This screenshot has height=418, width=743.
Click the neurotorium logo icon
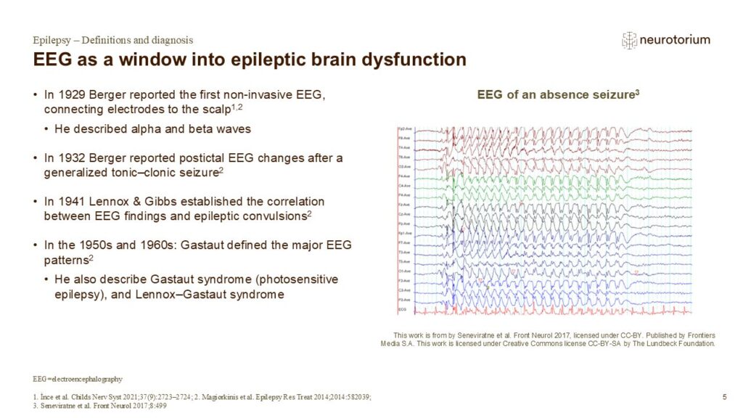pos(629,41)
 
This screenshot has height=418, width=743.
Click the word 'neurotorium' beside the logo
pos(675,41)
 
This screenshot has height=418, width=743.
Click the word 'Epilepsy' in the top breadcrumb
pos(53,40)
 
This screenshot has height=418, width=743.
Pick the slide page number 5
pos(725,396)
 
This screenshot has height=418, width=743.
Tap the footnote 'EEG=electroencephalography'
pos(78,379)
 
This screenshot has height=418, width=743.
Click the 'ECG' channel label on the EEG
pos(401,310)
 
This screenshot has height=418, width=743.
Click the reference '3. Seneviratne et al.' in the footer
pos(73,403)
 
